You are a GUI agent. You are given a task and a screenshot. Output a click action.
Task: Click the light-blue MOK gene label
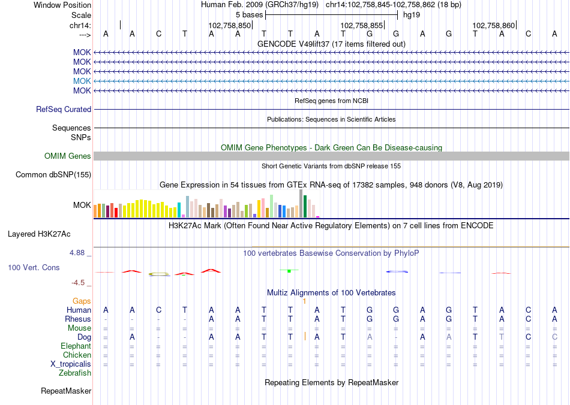(x=82, y=81)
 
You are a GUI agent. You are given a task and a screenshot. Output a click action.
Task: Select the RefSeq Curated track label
(x=64, y=110)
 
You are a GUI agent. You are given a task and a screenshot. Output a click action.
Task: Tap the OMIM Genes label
(x=68, y=156)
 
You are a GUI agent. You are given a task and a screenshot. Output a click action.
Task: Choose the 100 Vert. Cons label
(x=34, y=267)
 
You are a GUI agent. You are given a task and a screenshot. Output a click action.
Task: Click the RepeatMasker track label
(x=66, y=391)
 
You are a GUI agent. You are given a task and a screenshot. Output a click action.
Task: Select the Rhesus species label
(x=78, y=319)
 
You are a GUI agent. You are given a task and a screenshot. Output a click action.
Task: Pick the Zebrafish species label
(x=75, y=373)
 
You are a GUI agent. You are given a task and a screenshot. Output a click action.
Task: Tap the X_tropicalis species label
(x=71, y=364)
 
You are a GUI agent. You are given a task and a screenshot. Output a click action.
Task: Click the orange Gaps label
(x=82, y=301)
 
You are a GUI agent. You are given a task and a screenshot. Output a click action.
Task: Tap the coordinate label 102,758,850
(x=229, y=26)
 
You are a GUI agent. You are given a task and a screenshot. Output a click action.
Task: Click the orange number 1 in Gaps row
(x=305, y=301)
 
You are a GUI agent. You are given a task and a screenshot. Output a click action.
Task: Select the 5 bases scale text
(x=249, y=14)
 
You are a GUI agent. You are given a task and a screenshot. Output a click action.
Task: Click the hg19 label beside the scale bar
(x=411, y=14)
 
